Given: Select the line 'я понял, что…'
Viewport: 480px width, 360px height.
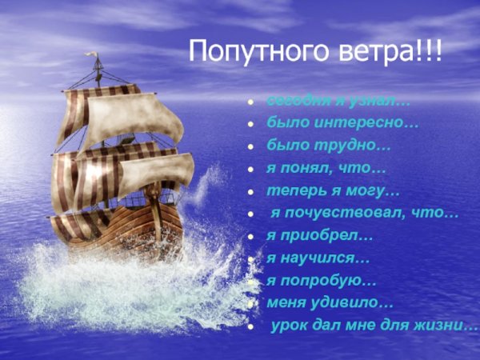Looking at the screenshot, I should (x=326, y=169).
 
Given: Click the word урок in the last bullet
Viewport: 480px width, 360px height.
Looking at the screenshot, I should (x=290, y=326).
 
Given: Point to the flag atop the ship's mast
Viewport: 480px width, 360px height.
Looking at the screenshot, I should (x=94, y=58).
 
